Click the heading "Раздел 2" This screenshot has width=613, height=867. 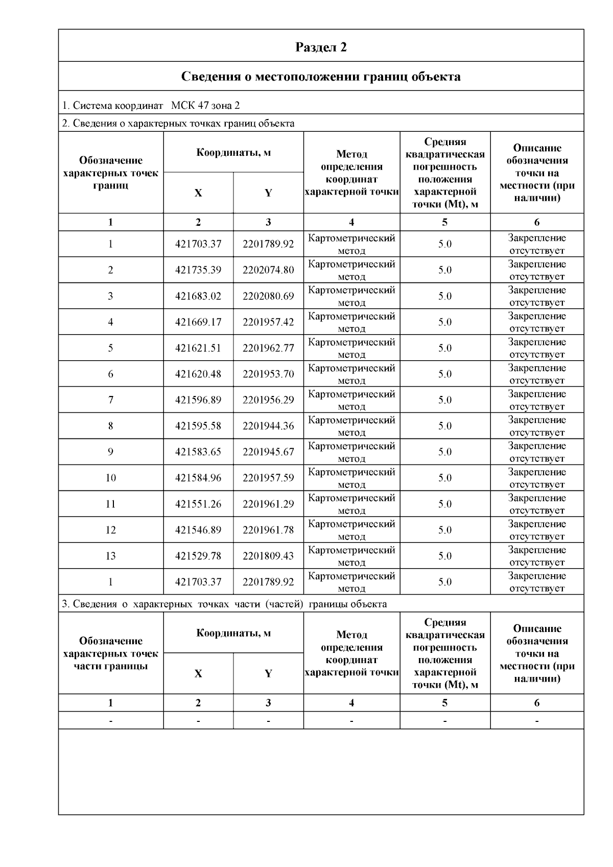[x=321, y=47]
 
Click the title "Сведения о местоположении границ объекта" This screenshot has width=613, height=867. [x=321, y=77]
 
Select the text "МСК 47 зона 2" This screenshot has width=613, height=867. [x=205, y=106]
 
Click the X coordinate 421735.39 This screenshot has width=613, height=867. [x=198, y=270]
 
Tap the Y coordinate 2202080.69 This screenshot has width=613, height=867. [x=268, y=296]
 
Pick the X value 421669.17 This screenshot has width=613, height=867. [x=198, y=322]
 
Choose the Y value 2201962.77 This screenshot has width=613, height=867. [x=268, y=348]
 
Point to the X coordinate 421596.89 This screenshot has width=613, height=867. [x=198, y=400]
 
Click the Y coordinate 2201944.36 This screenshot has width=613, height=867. [x=268, y=426]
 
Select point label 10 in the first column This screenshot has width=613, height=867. [x=111, y=478]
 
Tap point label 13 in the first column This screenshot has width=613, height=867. [x=111, y=556]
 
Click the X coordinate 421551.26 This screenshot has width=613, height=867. [x=198, y=504]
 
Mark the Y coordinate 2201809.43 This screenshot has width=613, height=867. [x=268, y=556]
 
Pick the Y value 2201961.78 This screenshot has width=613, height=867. [x=268, y=530]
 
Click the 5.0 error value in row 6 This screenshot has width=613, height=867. [x=445, y=374]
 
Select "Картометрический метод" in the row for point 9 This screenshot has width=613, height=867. [x=351, y=452]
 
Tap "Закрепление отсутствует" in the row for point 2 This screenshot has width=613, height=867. [x=537, y=270]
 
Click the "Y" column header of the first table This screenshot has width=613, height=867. [x=268, y=193]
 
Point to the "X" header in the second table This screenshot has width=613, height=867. [x=198, y=674]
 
